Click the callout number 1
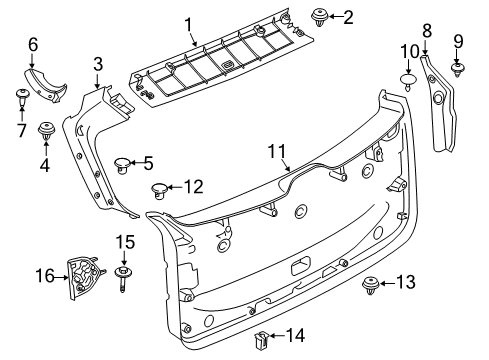tap(187, 22)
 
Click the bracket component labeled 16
tap(84, 275)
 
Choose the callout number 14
tap(298, 335)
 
